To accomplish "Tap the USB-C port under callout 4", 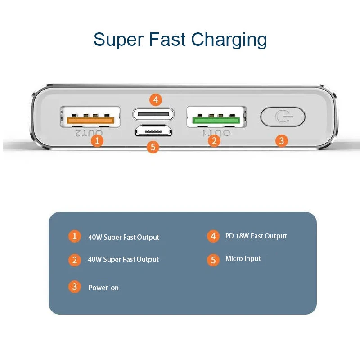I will [x=153, y=114].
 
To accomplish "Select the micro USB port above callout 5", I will [x=153, y=131].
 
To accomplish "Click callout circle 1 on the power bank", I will [x=97, y=140].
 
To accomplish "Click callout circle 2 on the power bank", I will [x=214, y=140].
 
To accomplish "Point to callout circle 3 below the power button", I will [x=281, y=140].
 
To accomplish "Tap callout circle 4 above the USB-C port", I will [x=155, y=99].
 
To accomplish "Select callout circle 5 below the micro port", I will [x=153, y=147].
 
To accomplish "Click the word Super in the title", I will [x=118, y=40].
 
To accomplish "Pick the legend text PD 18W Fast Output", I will [x=256, y=236].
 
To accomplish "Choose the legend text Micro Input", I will [x=243, y=259].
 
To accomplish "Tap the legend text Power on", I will [x=103, y=288].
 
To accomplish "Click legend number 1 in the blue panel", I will [x=75, y=236].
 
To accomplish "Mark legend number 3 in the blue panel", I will [x=75, y=287].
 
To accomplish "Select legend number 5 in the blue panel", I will [x=213, y=259].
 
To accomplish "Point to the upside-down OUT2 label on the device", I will [x=89, y=133].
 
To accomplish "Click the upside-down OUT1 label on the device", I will [x=216, y=133].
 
